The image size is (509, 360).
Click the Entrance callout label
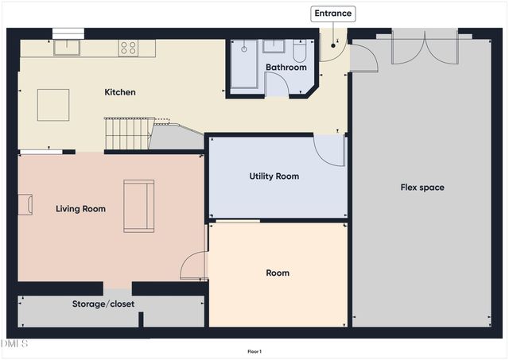(332, 14)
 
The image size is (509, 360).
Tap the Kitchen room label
(120, 92)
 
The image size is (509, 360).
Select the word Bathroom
(286, 68)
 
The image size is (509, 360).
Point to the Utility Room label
(274, 176)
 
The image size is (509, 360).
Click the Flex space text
(422, 188)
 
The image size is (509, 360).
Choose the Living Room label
(80, 209)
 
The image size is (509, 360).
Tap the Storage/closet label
(103, 304)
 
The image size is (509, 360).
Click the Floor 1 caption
(254, 351)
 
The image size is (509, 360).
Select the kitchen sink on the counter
(66, 48)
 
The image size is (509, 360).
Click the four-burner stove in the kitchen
(128, 48)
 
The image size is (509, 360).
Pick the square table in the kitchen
(53, 104)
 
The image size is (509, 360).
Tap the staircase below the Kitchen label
(126, 133)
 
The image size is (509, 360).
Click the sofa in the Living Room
(138, 206)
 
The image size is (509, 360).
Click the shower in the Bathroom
(243, 64)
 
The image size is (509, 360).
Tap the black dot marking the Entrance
(334, 45)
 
